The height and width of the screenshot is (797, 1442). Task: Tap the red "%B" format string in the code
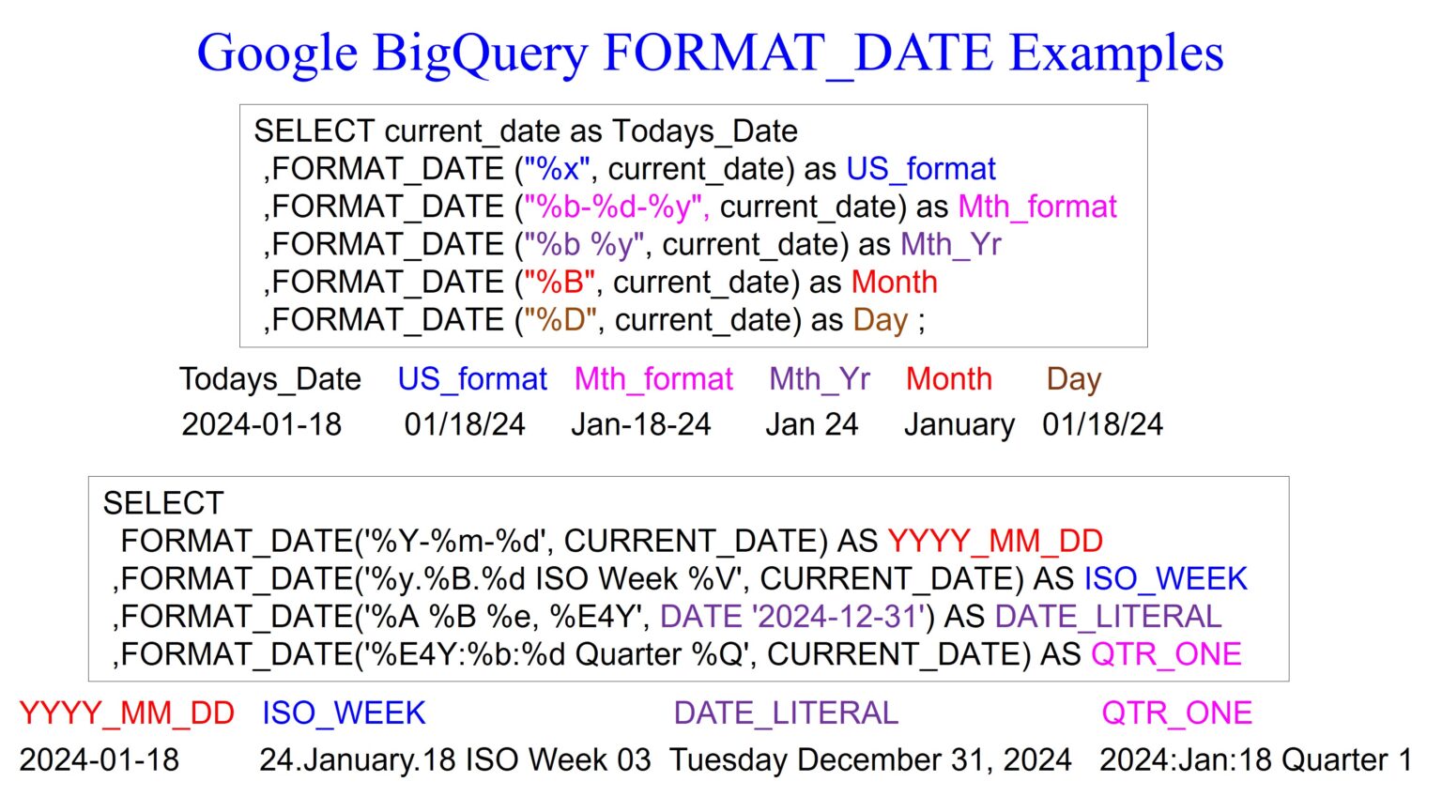click(x=560, y=283)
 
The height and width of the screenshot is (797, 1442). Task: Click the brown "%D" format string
click(x=560, y=320)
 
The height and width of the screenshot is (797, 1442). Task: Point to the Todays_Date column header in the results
click(x=270, y=379)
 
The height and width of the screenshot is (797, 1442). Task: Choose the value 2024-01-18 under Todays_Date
click(x=262, y=424)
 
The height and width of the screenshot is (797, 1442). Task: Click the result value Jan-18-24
click(x=641, y=424)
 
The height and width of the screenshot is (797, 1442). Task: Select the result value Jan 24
click(x=812, y=424)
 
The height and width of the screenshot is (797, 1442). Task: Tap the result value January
click(x=959, y=425)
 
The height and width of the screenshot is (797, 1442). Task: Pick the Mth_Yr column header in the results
click(x=820, y=379)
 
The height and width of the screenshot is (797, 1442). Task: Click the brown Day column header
click(x=1074, y=379)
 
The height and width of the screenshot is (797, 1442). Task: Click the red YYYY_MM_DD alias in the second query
click(x=995, y=542)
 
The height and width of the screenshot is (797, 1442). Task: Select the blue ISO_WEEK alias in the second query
click(x=1166, y=579)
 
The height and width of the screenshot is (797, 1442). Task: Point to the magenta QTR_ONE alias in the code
click(x=1166, y=654)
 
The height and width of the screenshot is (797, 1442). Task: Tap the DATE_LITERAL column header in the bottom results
click(x=786, y=713)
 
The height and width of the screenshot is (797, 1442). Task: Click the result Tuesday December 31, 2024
click(x=870, y=759)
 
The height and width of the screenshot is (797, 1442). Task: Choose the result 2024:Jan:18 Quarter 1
click(x=1255, y=759)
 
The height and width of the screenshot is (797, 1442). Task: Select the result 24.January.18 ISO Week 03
click(x=455, y=759)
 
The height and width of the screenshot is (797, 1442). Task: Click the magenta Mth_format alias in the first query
click(x=1037, y=207)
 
